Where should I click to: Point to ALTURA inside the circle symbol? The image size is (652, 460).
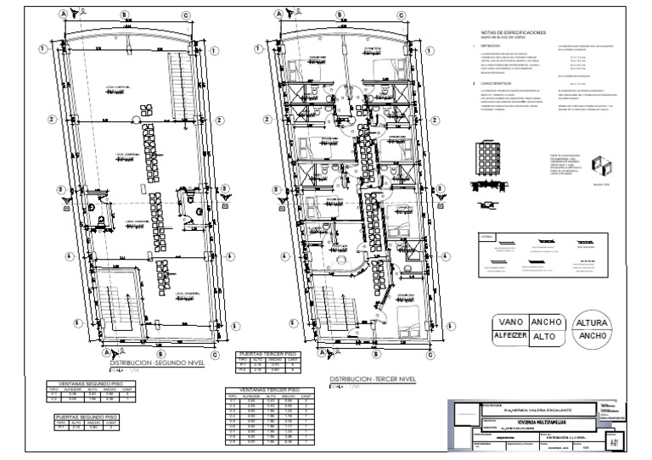coord(591,323)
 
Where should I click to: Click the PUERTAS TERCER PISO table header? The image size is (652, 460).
coord(267,352)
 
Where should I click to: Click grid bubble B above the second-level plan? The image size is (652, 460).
coord(125,14)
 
